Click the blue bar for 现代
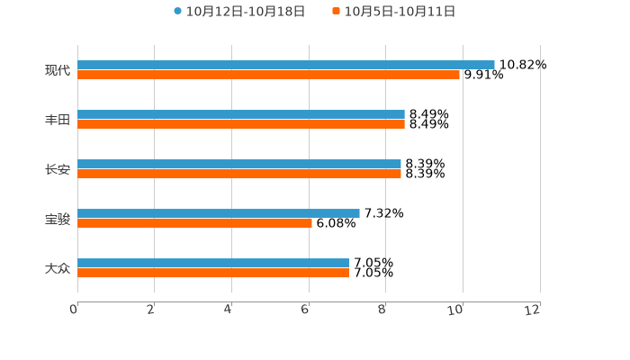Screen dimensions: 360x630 (286, 65)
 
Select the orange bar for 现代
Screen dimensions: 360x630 (268, 75)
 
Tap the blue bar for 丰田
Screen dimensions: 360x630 (241, 115)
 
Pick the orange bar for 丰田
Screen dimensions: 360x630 (241, 125)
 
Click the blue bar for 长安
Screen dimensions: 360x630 (239, 165)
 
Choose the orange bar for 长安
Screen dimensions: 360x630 (239, 175)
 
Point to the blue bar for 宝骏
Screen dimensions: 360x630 (219, 214)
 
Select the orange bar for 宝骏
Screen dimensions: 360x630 (194, 224)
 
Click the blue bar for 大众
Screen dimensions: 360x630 (213, 264)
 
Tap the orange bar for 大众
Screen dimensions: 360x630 (213, 274)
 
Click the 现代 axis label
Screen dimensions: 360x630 (58, 70)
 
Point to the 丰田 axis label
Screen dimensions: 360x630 (58, 120)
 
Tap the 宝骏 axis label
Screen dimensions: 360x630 (58, 219)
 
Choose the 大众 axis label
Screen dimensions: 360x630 (58, 268)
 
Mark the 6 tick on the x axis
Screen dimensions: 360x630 (306, 310)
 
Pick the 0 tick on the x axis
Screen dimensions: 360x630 (75, 310)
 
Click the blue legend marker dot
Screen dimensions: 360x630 (177, 12)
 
